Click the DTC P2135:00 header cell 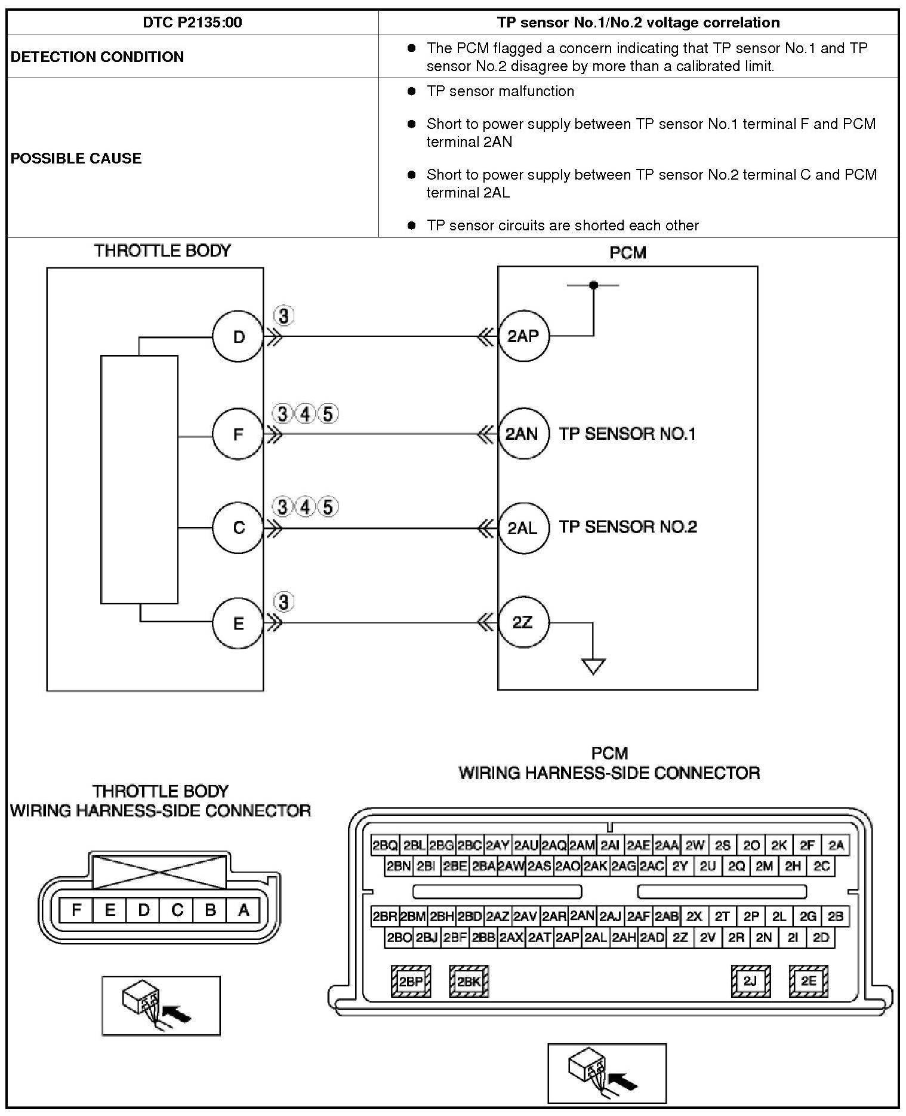click(x=192, y=23)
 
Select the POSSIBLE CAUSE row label click(x=76, y=158)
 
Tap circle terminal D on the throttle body click(x=238, y=337)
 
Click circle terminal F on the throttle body click(x=238, y=434)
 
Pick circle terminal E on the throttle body click(x=238, y=624)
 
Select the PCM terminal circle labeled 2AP click(x=523, y=336)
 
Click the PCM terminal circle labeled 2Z click(x=523, y=622)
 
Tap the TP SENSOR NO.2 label click(x=628, y=527)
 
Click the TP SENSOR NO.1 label click(x=627, y=434)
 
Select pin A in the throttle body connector click(x=243, y=911)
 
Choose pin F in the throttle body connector click(x=76, y=911)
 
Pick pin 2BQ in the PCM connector click(x=384, y=846)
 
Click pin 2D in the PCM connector click(x=821, y=938)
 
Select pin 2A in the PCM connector click(x=836, y=846)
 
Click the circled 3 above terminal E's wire click(x=283, y=602)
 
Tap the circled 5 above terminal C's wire click(x=328, y=507)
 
